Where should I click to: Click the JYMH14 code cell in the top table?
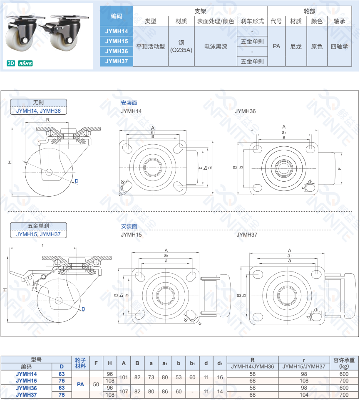117,31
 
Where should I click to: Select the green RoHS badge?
25,64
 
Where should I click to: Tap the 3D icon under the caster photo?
11,64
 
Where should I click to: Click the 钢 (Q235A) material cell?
181,46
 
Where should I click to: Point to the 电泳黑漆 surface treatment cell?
216,46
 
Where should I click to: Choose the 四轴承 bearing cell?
339,46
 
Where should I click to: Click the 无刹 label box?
38,102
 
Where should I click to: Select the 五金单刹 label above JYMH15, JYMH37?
38,226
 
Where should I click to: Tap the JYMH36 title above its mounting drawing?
245,111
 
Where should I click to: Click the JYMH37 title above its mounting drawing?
247,235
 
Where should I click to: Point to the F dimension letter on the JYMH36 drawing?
339,168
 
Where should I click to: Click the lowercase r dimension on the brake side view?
42,245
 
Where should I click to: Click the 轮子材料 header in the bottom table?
80,363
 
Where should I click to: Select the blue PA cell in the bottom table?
80,385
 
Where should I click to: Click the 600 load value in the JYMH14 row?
344,374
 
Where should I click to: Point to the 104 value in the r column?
304,395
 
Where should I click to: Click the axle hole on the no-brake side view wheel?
49,172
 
